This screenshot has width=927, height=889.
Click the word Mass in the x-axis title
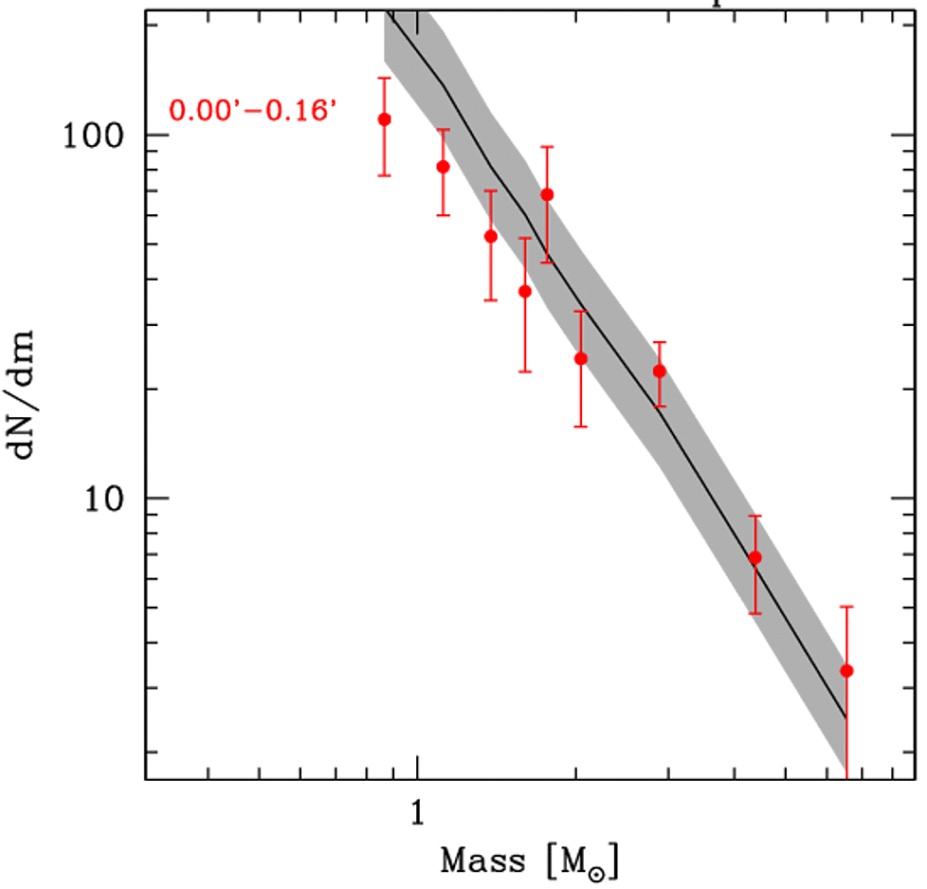[x=482, y=862]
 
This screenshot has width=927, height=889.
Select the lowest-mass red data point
[x=384, y=118]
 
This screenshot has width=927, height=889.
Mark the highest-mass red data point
[x=846, y=671]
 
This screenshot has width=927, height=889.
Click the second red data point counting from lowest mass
[x=443, y=167]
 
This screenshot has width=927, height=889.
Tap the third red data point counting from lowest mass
[x=491, y=236]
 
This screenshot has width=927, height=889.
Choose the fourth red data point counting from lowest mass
[x=525, y=291]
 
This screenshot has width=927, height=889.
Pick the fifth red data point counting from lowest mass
[x=547, y=194]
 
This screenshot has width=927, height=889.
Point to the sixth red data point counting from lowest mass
[x=581, y=358]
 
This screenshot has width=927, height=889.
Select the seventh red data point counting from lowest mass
[x=659, y=372]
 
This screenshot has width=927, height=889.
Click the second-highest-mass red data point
[x=754, y=557]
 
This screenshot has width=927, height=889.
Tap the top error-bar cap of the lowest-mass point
[x=384, y=78]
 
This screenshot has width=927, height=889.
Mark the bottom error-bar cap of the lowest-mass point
[x=384, y=175]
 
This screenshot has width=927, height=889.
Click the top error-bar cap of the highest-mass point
[x=846, y=607]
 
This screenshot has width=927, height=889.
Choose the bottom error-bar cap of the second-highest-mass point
[x=754, y=613]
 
